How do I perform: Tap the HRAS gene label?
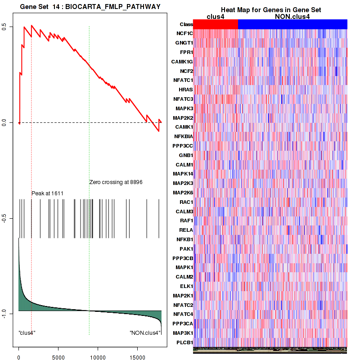186,90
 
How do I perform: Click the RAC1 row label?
186,202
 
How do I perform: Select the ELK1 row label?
186,286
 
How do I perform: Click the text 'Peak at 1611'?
47,193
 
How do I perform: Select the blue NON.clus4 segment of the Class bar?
292,24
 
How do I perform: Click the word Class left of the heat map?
186,24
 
